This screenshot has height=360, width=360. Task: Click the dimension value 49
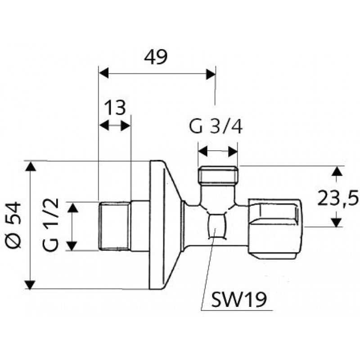coord(156,57)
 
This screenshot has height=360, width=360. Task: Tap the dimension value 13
coord(115,107)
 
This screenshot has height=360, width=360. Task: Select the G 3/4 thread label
coord(216,126)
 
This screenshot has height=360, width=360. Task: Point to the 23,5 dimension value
coord(338,198)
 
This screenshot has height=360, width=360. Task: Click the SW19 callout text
coord(239,300)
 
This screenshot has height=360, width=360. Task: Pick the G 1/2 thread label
coord(50,225)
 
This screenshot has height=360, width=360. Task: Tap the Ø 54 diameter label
coord(13,225)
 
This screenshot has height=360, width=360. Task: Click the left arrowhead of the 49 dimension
coord(103,73)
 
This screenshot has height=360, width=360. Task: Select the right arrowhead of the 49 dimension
coord(211,74)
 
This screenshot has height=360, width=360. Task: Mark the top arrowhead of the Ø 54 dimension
coord(30,166)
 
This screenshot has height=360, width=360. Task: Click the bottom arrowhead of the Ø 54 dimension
coord(30,285)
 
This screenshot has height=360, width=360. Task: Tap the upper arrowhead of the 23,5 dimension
coord(337,171)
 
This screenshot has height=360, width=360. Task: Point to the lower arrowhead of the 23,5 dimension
coord(337,222)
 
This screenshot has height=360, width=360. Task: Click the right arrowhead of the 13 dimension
coord(126,126)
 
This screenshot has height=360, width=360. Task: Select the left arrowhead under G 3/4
coord(203,151)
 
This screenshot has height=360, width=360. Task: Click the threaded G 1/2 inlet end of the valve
coord(115,226)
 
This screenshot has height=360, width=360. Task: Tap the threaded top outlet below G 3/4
coord(218,174)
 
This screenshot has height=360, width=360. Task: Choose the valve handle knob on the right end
coord(275,229)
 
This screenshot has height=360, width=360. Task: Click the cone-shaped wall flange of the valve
coord(165,225)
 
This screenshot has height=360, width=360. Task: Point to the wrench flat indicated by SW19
coord(216,226)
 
